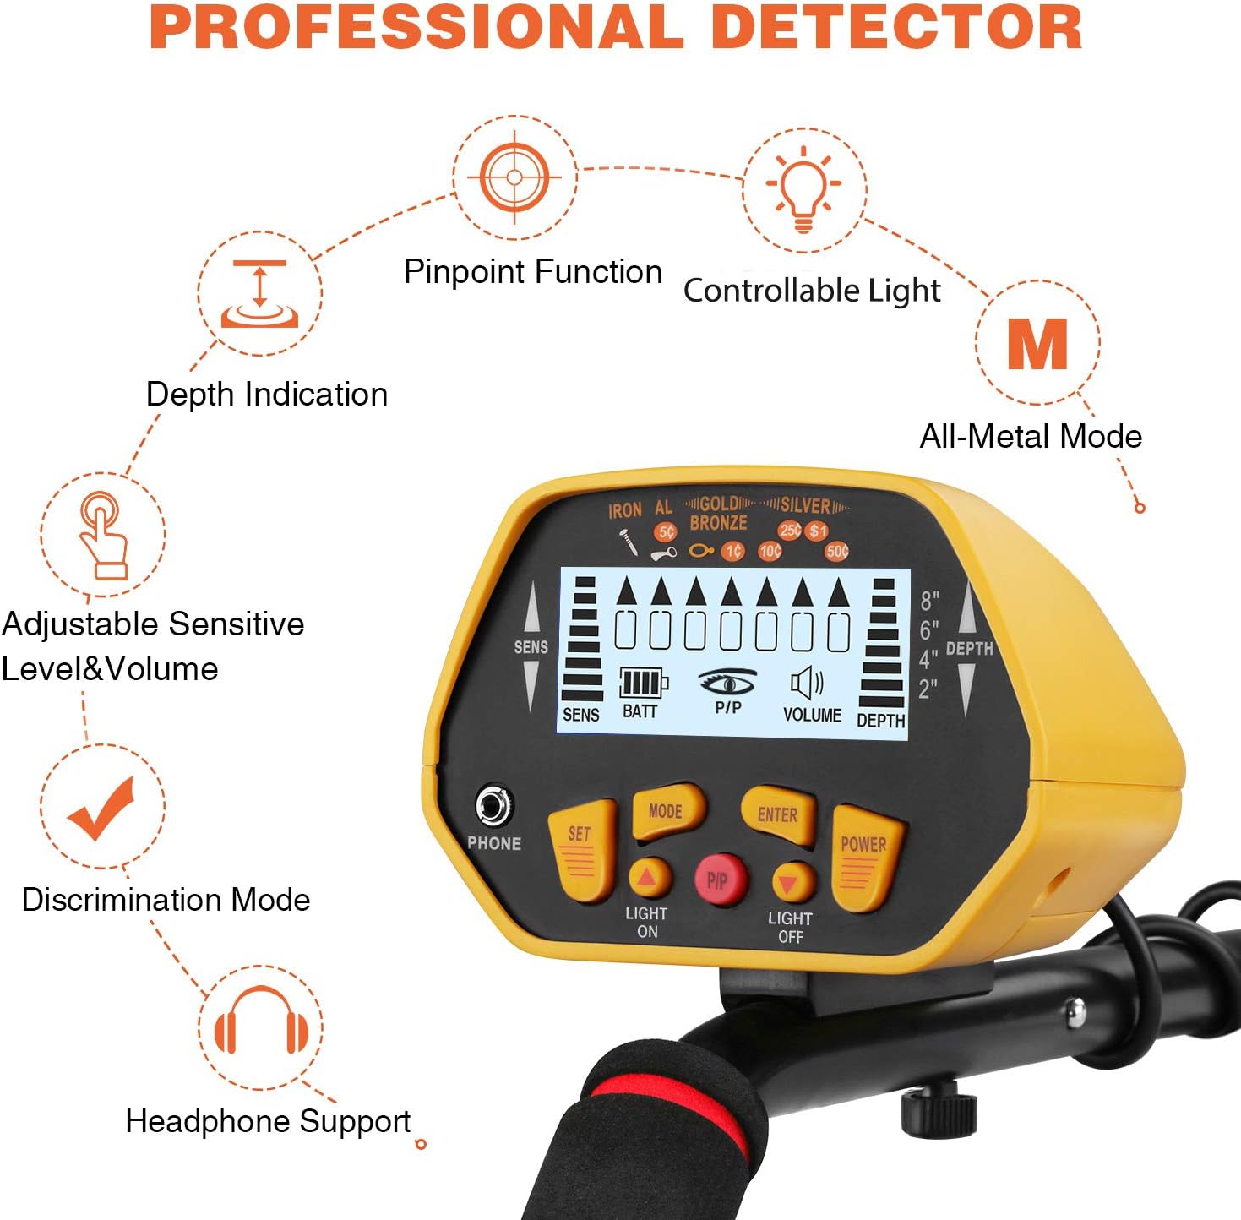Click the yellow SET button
[x=580, y=849]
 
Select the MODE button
[x=666, y=812]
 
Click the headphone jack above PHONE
[x=493, y=806]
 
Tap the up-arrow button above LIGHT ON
[x=647, y=878]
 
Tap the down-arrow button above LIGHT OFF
[x=790, y=884]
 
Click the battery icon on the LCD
[x=643, y=683]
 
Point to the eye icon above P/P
[x=727, y=681]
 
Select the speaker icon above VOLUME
[x=807, y=684]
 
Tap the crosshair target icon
[x=514, y=177]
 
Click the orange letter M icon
[x=1037, y=343]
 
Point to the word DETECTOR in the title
[x=896, y=27]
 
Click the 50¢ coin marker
[x=836, y=552]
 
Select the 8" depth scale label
[x=929, y=601]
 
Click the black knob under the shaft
[x=939, y=1110]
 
